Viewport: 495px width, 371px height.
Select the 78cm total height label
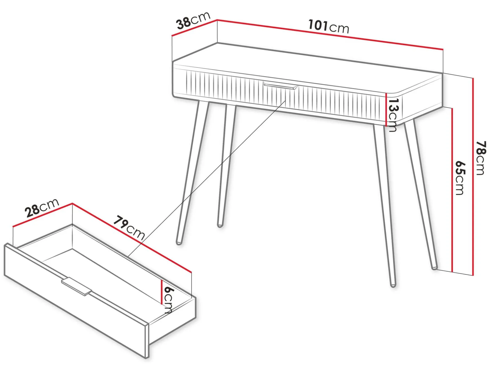click(481, 158)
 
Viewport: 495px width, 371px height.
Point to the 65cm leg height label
click(460, 178)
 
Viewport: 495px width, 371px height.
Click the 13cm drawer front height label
click(393, 115)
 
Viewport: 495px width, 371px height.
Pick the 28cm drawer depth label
click(42, 208)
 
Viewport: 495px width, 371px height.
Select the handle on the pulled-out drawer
click(77, 286)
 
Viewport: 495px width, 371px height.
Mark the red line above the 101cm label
click(330, 35)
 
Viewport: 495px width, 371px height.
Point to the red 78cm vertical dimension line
click(473, 177)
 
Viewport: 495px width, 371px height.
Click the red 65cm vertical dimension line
click(452, 190)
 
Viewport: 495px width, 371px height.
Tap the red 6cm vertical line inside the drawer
click(162, 292)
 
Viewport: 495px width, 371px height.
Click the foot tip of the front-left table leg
click(179, 243)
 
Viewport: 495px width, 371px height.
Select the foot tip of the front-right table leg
click(393, 285)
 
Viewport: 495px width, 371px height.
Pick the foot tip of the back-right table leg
click(434, 268)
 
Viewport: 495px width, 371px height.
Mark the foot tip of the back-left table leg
click(220, 225)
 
